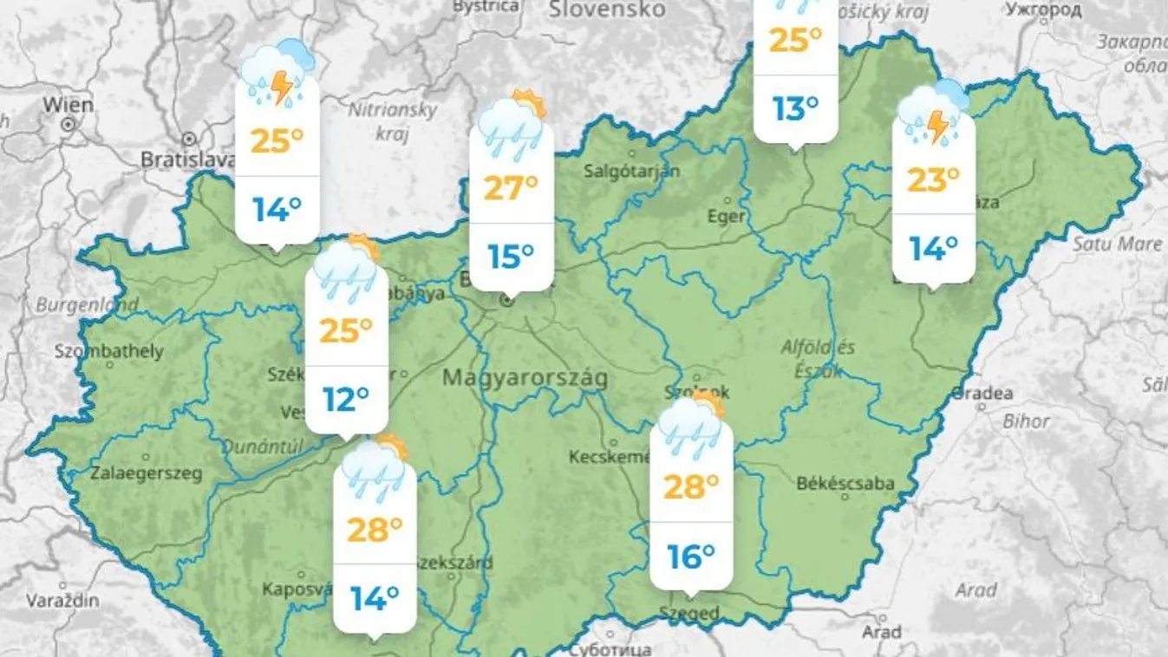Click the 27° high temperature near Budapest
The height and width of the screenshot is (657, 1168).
(x=511, y=187)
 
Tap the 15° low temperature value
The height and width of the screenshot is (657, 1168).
(x=511, y=257)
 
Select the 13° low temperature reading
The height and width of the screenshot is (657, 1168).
(x=795, y=108)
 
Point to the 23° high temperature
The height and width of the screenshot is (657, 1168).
(x=933, y=179)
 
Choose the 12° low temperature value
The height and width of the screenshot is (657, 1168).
(x=346, y=400)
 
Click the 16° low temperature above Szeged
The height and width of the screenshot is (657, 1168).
(x=691, y=556)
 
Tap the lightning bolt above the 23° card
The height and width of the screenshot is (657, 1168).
(x=938, y=127)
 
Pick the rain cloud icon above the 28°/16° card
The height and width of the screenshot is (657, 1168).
(x=690, y=426)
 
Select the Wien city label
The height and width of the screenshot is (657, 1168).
(x=68, y=105)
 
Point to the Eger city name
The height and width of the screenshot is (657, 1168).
(x=727, y=217)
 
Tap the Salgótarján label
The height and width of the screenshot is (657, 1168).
(x=631, y=171)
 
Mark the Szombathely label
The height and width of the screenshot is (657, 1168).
(x=108, y=351)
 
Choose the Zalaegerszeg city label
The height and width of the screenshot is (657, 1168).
(x=147, y=474)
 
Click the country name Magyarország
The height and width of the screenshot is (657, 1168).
(x=525, y=379)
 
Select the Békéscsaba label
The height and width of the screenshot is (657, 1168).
(x=845, y=484)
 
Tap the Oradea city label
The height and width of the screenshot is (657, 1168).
(x=982, y=394)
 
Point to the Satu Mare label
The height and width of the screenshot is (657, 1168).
(x=1117, y=244)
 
